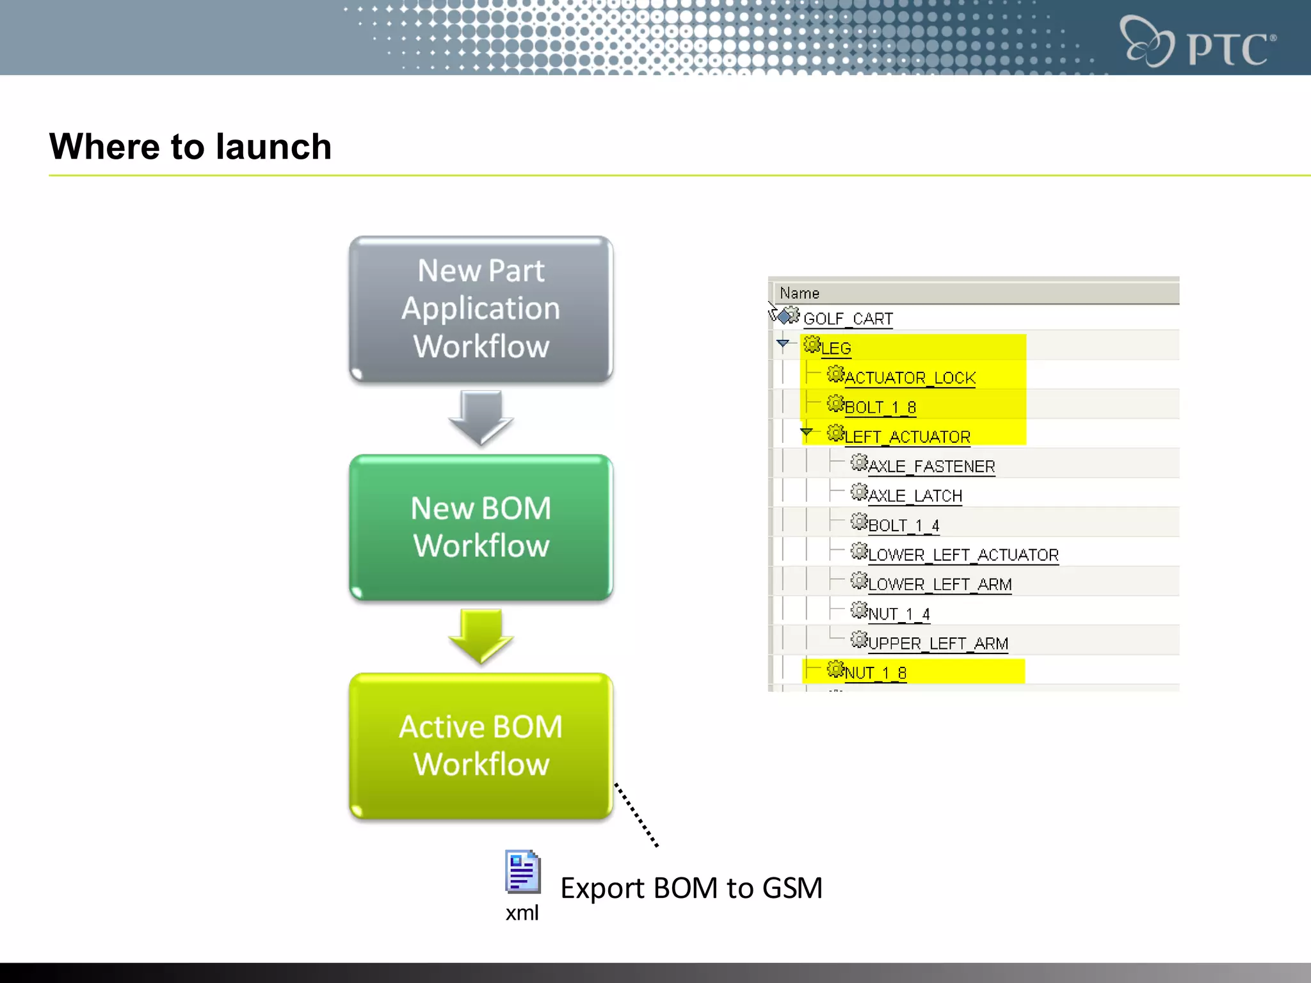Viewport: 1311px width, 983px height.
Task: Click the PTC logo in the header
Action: [x=1197, y=42]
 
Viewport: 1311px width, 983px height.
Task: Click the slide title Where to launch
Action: [x=190, y=147]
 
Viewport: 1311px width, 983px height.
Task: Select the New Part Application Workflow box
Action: [x=481, y=309]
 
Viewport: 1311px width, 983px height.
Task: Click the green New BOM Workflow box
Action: [x=481, y=527]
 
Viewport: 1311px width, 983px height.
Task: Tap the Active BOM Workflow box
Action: [x=481, y=746]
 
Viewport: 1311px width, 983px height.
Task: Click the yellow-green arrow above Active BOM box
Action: [x=481, y=635]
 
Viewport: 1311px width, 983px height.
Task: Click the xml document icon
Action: [x=522, y=872]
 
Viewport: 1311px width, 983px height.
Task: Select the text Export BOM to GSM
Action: [x=691, y=888]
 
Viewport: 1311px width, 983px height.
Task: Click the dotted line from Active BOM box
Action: [x=636, y=815]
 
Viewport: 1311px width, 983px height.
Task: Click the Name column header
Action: [x=800, y=293]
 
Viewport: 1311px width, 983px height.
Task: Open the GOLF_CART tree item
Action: [x=848, y=319]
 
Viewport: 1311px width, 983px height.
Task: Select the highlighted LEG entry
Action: [x=836, y=348]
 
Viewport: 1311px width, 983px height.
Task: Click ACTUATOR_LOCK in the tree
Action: [x=910, y=378]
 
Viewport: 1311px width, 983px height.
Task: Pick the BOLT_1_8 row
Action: [x=880, y=407]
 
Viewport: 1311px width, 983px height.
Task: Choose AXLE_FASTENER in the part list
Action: [x=931, y=467]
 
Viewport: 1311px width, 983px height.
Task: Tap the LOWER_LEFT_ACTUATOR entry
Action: [x=963, y=555]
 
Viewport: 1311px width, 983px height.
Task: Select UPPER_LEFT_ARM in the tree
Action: [x=938, y=643]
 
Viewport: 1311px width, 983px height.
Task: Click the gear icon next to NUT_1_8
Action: [x=835, y=669]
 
